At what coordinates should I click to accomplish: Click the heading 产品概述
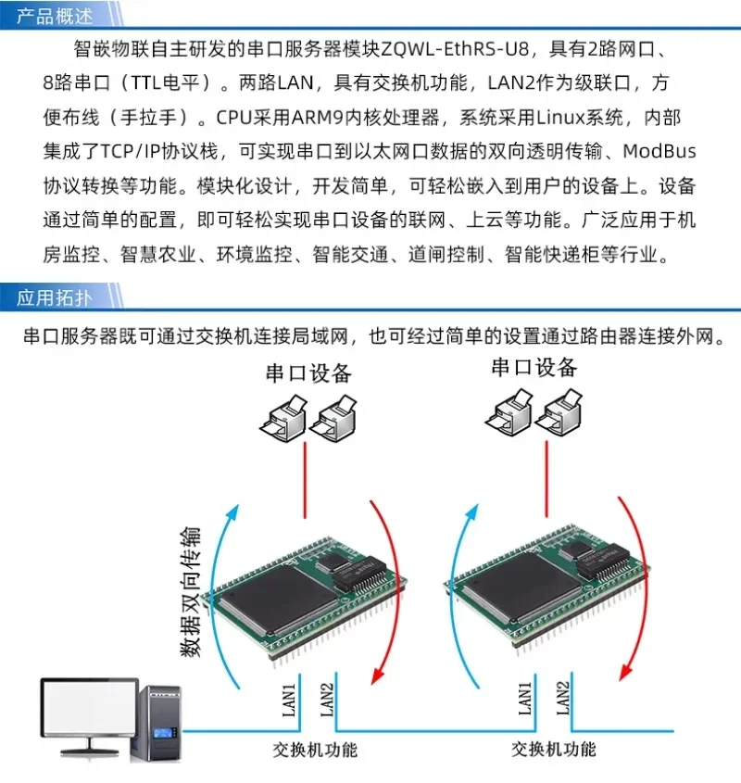pos(55,15)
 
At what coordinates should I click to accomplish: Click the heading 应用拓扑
pos(55,297)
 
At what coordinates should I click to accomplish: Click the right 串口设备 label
pos(534,367)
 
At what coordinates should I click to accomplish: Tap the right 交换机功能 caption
pos(554,750)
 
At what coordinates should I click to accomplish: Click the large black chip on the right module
pos(517,591)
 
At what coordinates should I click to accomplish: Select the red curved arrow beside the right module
pos(640,593)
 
